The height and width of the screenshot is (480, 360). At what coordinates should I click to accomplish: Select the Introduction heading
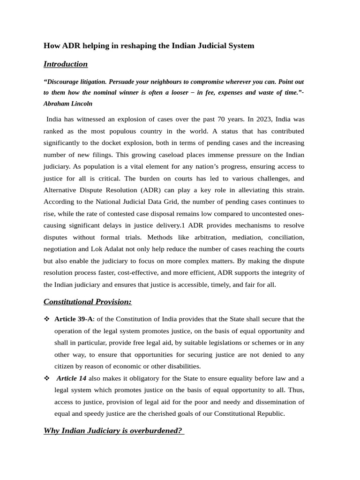(66, 64)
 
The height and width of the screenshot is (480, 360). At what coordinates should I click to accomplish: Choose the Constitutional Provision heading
(88, 301)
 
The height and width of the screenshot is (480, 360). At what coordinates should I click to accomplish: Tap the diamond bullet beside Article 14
(46, 378)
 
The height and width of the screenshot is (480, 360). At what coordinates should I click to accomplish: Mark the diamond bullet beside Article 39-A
(46, 319)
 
